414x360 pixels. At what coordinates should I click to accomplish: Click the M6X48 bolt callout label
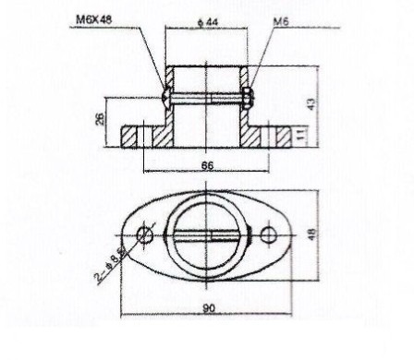pos(94,20)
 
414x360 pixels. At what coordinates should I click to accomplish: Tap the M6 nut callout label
pos(281,22)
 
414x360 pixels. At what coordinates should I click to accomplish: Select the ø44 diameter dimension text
pos(207,22)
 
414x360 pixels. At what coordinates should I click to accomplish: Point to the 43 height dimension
pos(311,103)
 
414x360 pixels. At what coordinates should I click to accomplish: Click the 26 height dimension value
pos(100,119)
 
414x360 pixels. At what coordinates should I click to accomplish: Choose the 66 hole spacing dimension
pos(207,165)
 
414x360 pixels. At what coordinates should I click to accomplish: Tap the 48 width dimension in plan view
pos(312,234)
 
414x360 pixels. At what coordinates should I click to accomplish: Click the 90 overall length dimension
pos(209,308)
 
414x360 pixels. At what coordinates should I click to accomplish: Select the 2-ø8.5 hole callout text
pos(111,265)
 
